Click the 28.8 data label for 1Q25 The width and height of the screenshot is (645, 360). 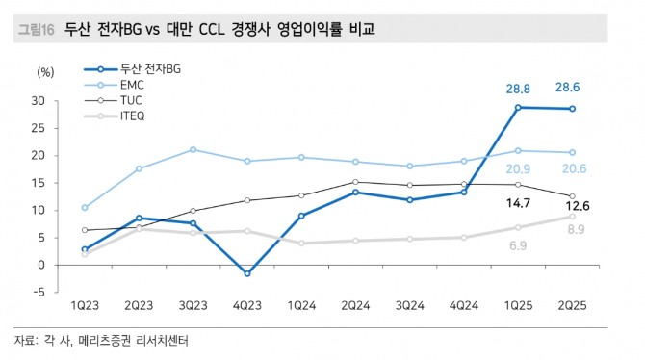point(519,90)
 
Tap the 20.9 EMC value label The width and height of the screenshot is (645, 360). point(519,169)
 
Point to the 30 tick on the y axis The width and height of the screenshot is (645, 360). point(39,100)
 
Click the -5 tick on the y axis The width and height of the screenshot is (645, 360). point(39,293)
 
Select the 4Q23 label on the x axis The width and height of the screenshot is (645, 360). point(247,304)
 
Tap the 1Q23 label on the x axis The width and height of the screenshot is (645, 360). point(85,304)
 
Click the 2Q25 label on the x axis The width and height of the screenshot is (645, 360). point(574,304)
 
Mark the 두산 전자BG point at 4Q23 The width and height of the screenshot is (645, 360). point(247,273)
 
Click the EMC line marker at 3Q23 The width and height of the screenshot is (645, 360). point(193,149)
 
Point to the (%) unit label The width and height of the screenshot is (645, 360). point(45,71)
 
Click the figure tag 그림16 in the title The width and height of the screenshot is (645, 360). point(37,31)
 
